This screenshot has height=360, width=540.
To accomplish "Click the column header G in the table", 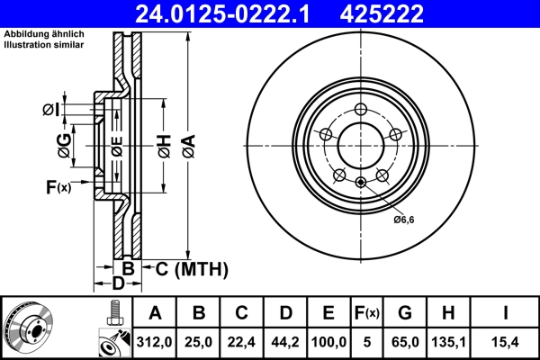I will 405,313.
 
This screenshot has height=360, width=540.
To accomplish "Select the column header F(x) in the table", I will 366,313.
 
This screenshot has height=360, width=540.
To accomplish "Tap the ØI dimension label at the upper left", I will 51,110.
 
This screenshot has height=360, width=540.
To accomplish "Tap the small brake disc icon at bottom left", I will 28,327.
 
